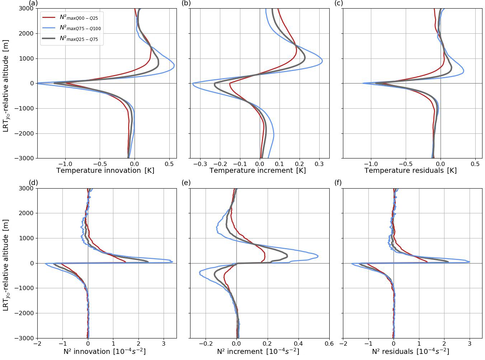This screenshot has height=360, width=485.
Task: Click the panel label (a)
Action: pyautogui.click(x=33, y=4)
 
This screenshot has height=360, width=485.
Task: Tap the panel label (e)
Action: pyautogui.click(x=186, y=183)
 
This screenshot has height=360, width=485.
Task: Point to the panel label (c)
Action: pyautogui.click(x=338, y=4)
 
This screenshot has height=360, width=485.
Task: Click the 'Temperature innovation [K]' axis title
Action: pyautogui.click(x=105, y=171)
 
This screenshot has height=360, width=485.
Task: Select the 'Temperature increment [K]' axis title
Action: pyautogui.click(x=258, y=171)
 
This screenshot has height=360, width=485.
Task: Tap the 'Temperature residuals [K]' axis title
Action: pyautogui.click(x=410, y=171)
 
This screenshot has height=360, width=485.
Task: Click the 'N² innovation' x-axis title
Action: pyautogui.click(x=104, y=351)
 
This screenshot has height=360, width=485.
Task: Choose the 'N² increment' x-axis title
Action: pyautogui.click(x=258, y=351)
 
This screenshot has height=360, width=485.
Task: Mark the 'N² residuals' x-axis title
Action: pyautogui.click(x=410, y=351)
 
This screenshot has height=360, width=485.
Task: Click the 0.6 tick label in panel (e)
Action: pyautogui.click(x=329, y=344)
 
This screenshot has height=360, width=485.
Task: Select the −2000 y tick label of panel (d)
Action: pyautogui.click(x=24, y=313)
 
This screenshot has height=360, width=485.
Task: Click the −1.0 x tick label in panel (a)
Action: pyautogui.click(x=65, y=164)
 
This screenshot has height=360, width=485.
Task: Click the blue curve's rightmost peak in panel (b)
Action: pyautogui.click(x=322, y=61)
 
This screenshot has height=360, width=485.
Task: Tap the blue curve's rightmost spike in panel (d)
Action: pyautogui.click(x=173, y=261)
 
